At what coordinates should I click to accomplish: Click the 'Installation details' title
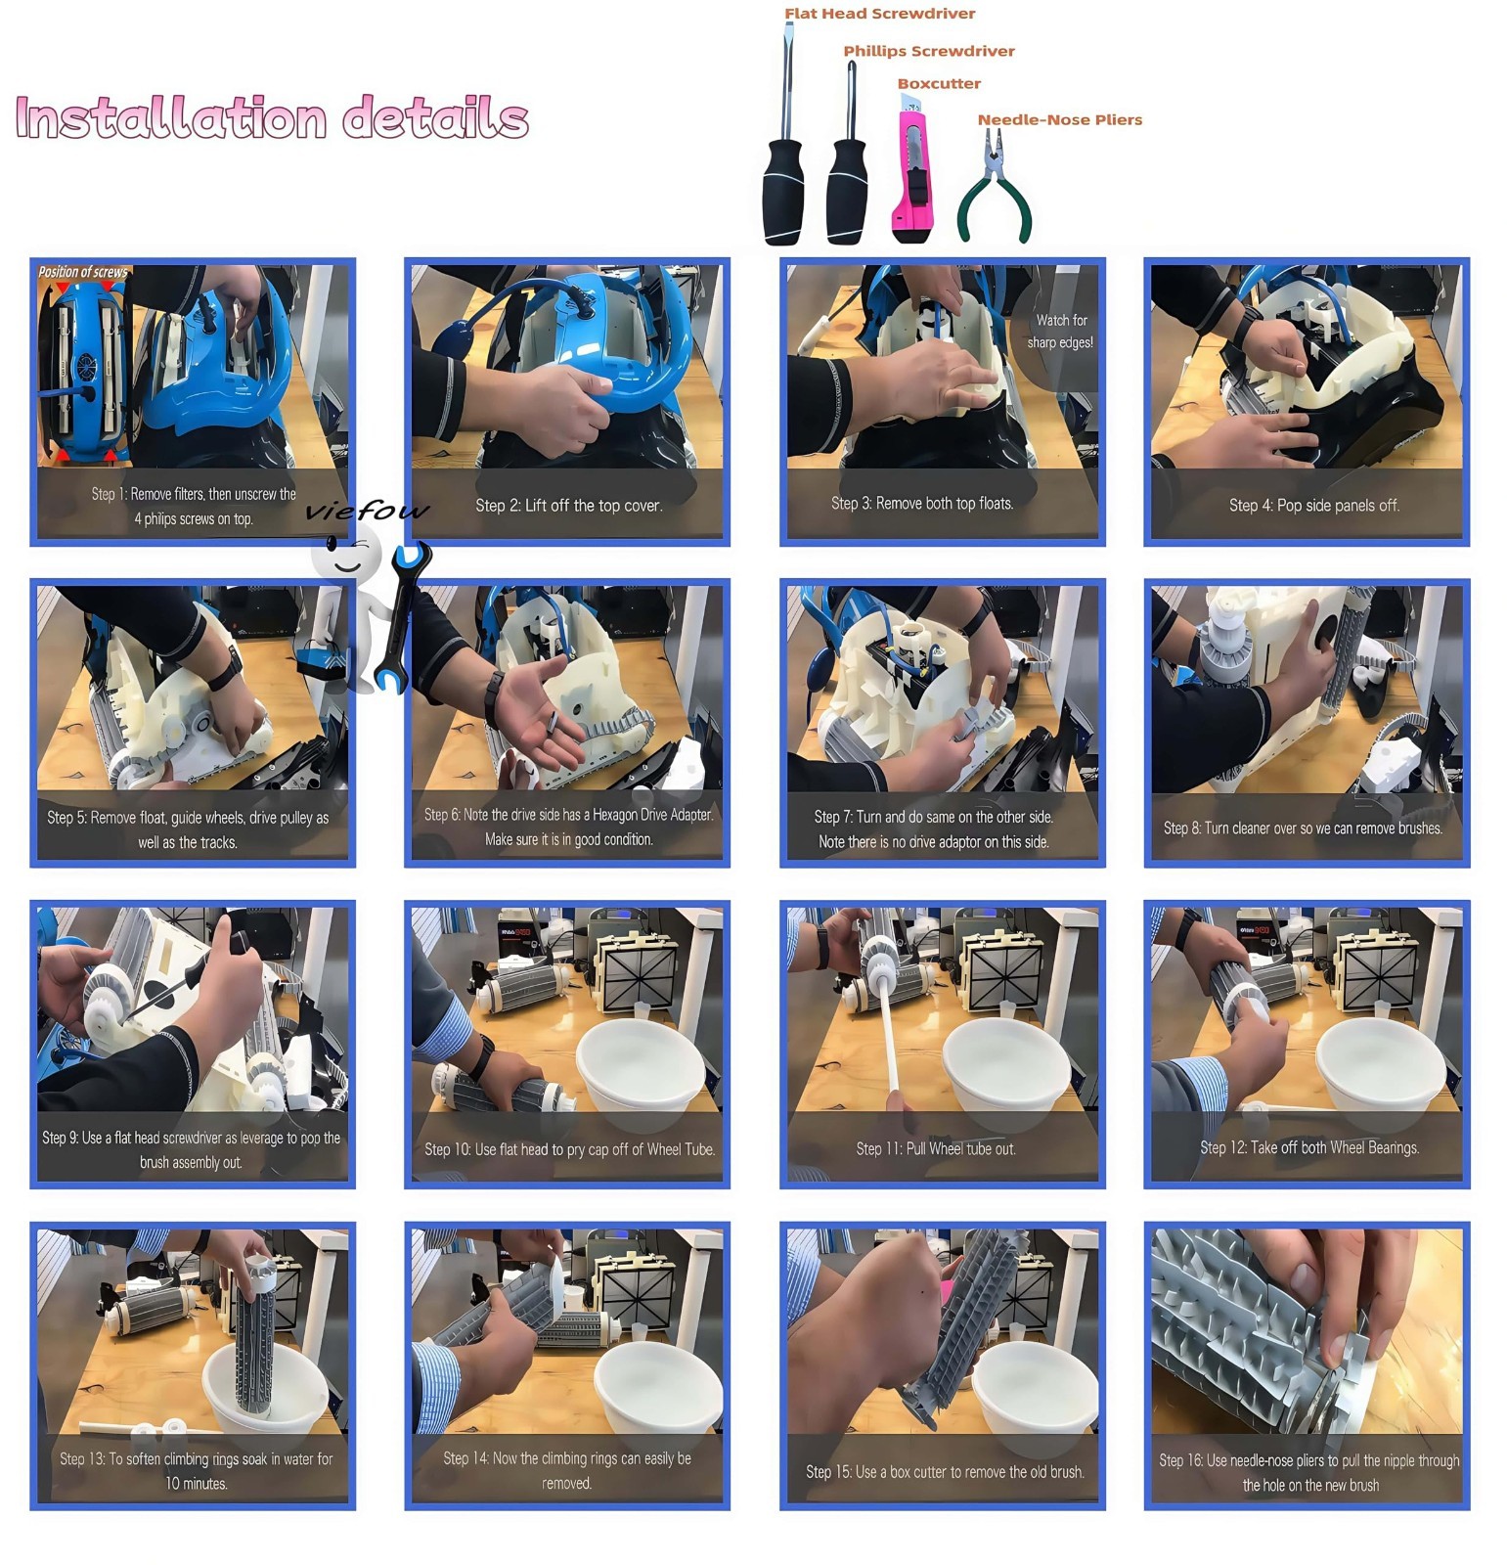click(x=272, y=118)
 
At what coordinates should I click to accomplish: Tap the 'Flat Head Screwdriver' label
click(x=879, y=14)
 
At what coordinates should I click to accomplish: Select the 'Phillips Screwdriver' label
click(x=928, y=51)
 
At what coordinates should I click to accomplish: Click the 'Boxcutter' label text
click(x=939, y=84)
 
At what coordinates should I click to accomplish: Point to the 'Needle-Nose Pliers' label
click(x=1059, y=119)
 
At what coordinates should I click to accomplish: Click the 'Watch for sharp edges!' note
click(x=1060, y=332)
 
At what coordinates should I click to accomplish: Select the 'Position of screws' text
click(x=83, y=272)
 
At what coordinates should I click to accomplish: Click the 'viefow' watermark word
click(x=367, y=510)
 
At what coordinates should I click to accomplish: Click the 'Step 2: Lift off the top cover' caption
click(x=568, y=506)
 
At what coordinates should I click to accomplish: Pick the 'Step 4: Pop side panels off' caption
click(x=1313, y=506)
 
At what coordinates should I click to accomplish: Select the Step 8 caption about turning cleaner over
click(x=1303, y=828)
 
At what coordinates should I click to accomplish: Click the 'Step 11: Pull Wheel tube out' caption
click(x=936, y=1149)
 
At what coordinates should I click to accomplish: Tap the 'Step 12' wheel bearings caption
click(x=1309, y=1148)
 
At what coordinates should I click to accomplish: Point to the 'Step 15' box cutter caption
click(x=945, y=1472)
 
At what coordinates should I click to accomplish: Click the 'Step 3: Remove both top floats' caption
click(x=922, y=504)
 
